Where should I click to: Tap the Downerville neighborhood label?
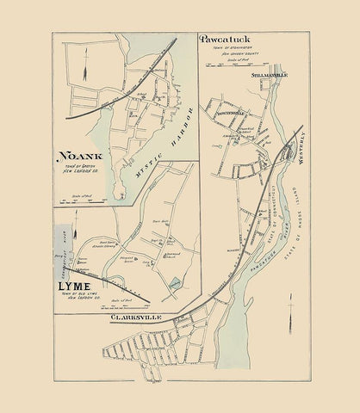(x=227, y=113)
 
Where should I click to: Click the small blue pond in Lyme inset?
(x=175, y=283)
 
